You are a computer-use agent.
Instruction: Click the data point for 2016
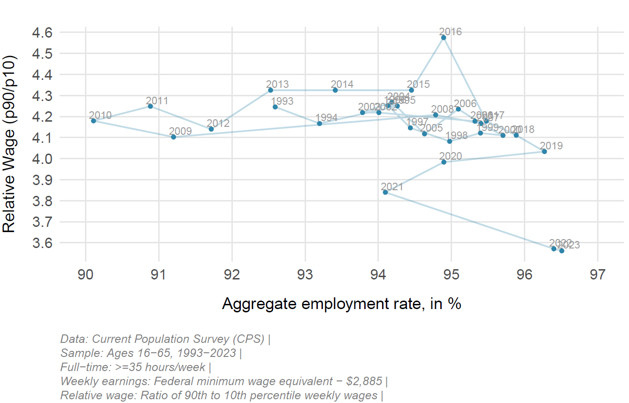444,38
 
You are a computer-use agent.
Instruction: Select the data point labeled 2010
93,121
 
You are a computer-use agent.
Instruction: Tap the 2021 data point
385,192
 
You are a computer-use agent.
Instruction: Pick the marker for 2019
544,151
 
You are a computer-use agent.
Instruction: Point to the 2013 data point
270,90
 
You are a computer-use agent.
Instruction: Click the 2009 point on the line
174,137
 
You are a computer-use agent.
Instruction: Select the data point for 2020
444,162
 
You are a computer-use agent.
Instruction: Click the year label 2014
342,85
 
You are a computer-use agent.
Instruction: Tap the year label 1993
282,101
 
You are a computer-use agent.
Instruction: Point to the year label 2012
218,124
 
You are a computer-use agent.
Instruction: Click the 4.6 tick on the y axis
42,33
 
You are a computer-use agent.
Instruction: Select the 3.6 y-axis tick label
42,243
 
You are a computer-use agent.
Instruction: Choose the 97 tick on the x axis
598,275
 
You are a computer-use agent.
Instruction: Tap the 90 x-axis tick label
86,275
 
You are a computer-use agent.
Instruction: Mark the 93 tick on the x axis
305,275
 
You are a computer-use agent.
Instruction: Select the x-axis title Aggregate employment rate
342,304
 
